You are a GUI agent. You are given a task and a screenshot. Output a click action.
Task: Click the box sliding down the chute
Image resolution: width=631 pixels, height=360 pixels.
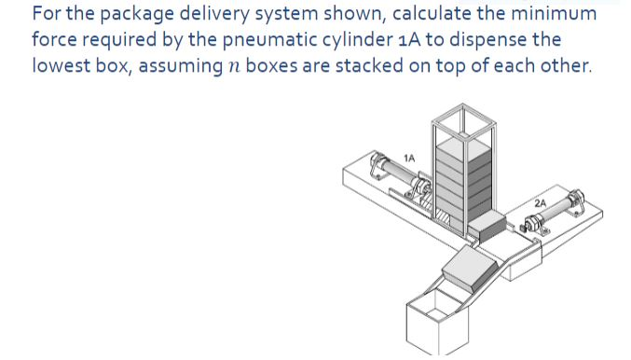(468, 270)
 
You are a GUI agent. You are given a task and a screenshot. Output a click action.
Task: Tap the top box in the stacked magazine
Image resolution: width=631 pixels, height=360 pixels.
(457, 148)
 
